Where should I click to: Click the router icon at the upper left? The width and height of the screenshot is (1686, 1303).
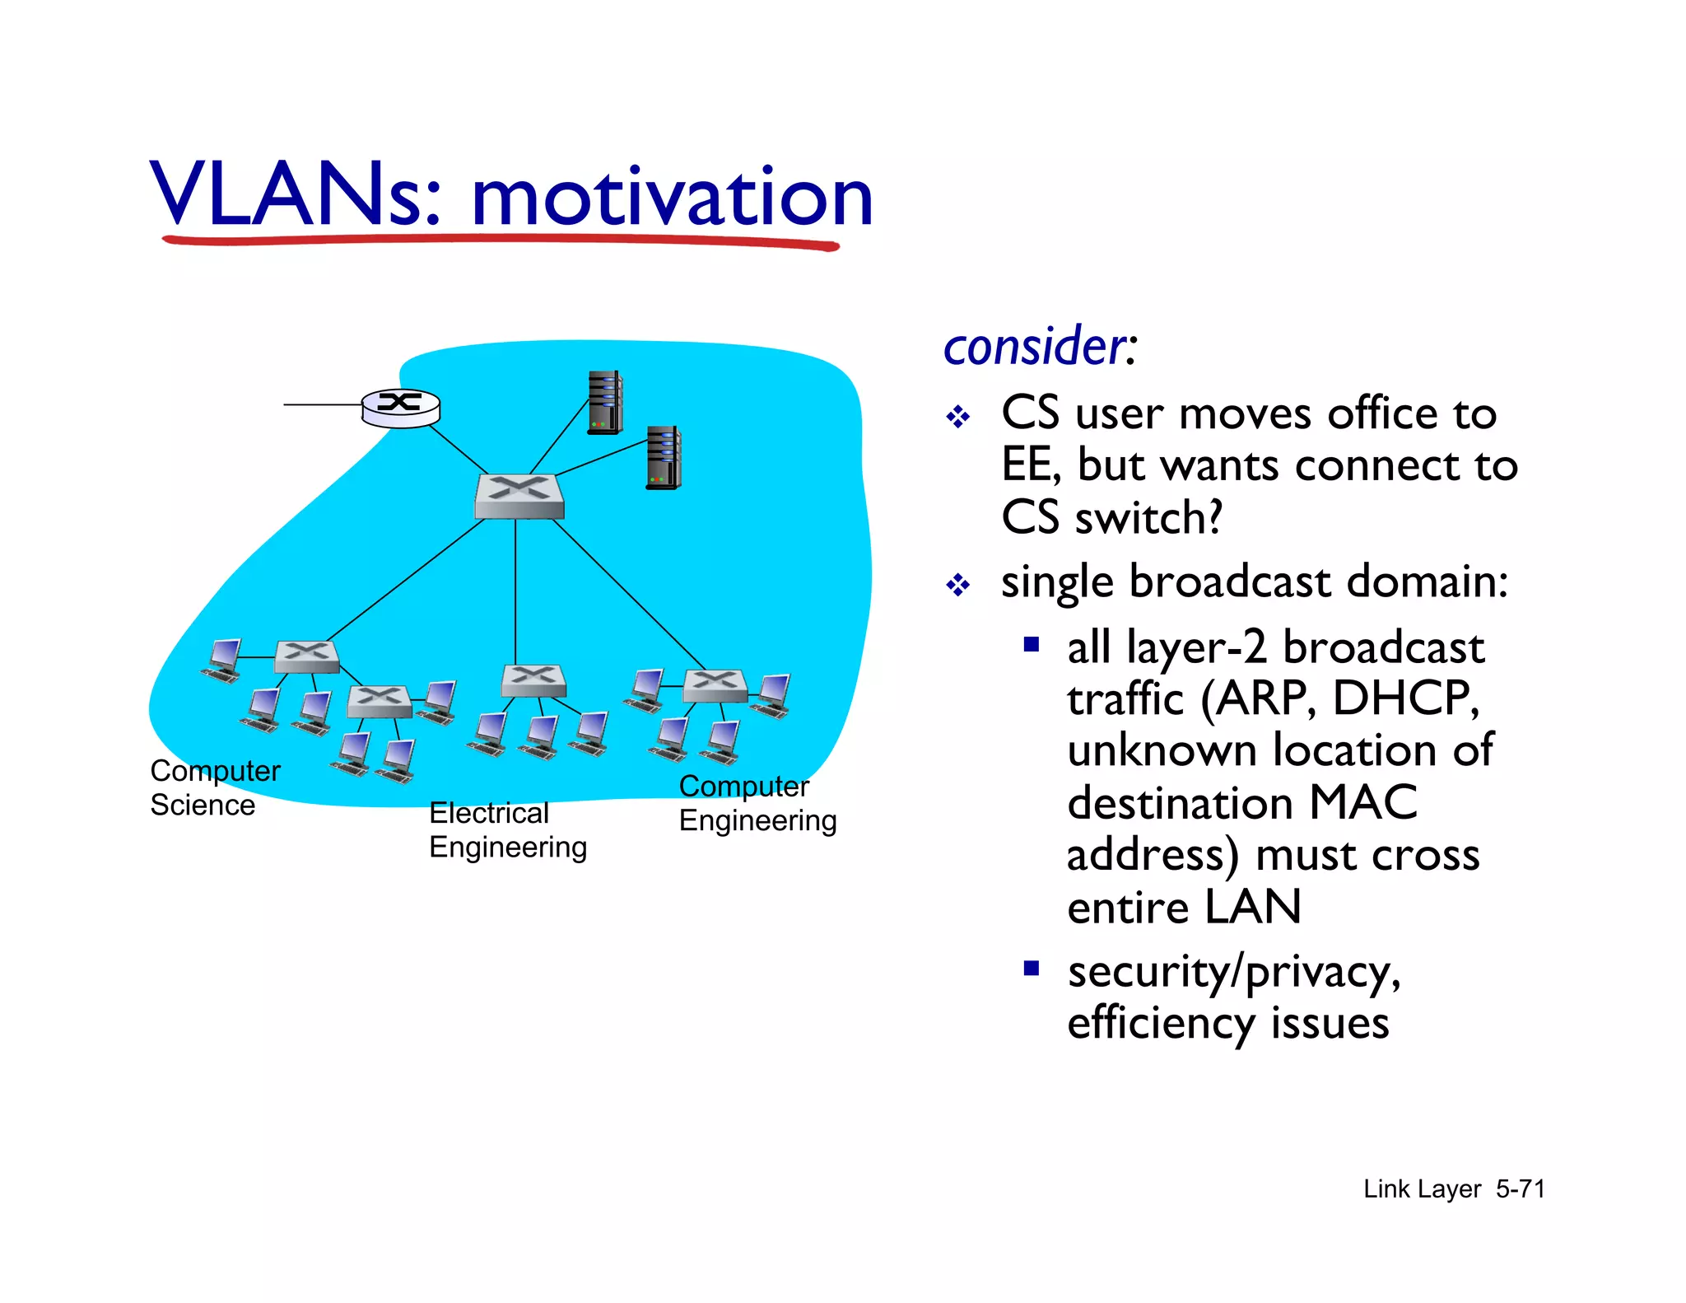401,408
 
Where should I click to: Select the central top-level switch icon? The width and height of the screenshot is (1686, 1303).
519,497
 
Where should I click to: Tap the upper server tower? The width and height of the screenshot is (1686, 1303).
605,403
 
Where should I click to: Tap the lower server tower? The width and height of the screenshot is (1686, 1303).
663,458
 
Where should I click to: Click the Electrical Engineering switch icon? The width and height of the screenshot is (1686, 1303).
533,681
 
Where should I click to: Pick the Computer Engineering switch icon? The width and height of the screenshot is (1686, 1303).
715,685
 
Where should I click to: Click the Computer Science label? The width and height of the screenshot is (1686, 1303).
214,787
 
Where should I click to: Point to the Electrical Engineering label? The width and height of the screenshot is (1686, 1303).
507,829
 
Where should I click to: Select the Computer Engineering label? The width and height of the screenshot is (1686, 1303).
757,803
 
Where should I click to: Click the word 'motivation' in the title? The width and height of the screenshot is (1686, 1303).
671,198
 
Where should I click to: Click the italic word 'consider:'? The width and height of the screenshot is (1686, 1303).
1039,347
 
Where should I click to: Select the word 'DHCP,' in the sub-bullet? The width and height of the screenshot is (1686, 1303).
1405,698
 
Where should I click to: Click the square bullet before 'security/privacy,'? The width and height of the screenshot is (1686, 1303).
1032,968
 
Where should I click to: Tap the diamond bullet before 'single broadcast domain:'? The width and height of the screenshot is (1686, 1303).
958,586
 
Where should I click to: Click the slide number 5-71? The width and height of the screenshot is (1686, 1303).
1520,1189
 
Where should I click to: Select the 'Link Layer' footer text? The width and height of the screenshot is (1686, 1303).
1422,1189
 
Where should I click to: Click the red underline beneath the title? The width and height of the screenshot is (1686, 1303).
501,241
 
